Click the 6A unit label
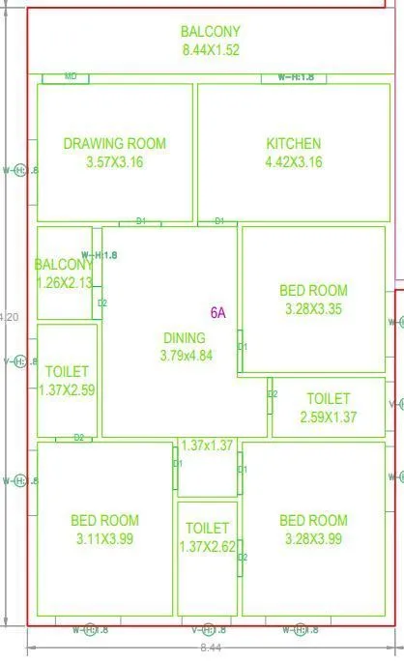point(217,312)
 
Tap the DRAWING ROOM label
point(114,143)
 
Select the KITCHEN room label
point(294,144)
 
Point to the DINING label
point(184,338)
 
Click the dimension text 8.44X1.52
point(211,49)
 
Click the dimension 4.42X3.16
point(294,161)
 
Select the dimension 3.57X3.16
point(114,161)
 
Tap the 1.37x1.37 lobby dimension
point(208,445)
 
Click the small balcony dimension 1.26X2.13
point(64,282)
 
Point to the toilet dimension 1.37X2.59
point(67,389)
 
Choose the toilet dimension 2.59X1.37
point(329,417)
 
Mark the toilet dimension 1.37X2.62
point(207,547)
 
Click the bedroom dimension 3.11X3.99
point(104,539)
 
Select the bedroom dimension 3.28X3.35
point(313,309)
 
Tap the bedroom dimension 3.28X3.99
point(313,539)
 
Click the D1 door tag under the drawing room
point(141,221)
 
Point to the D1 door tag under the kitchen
point(219,221)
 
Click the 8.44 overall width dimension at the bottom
point(210,647)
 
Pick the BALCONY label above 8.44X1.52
point(211,32)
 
